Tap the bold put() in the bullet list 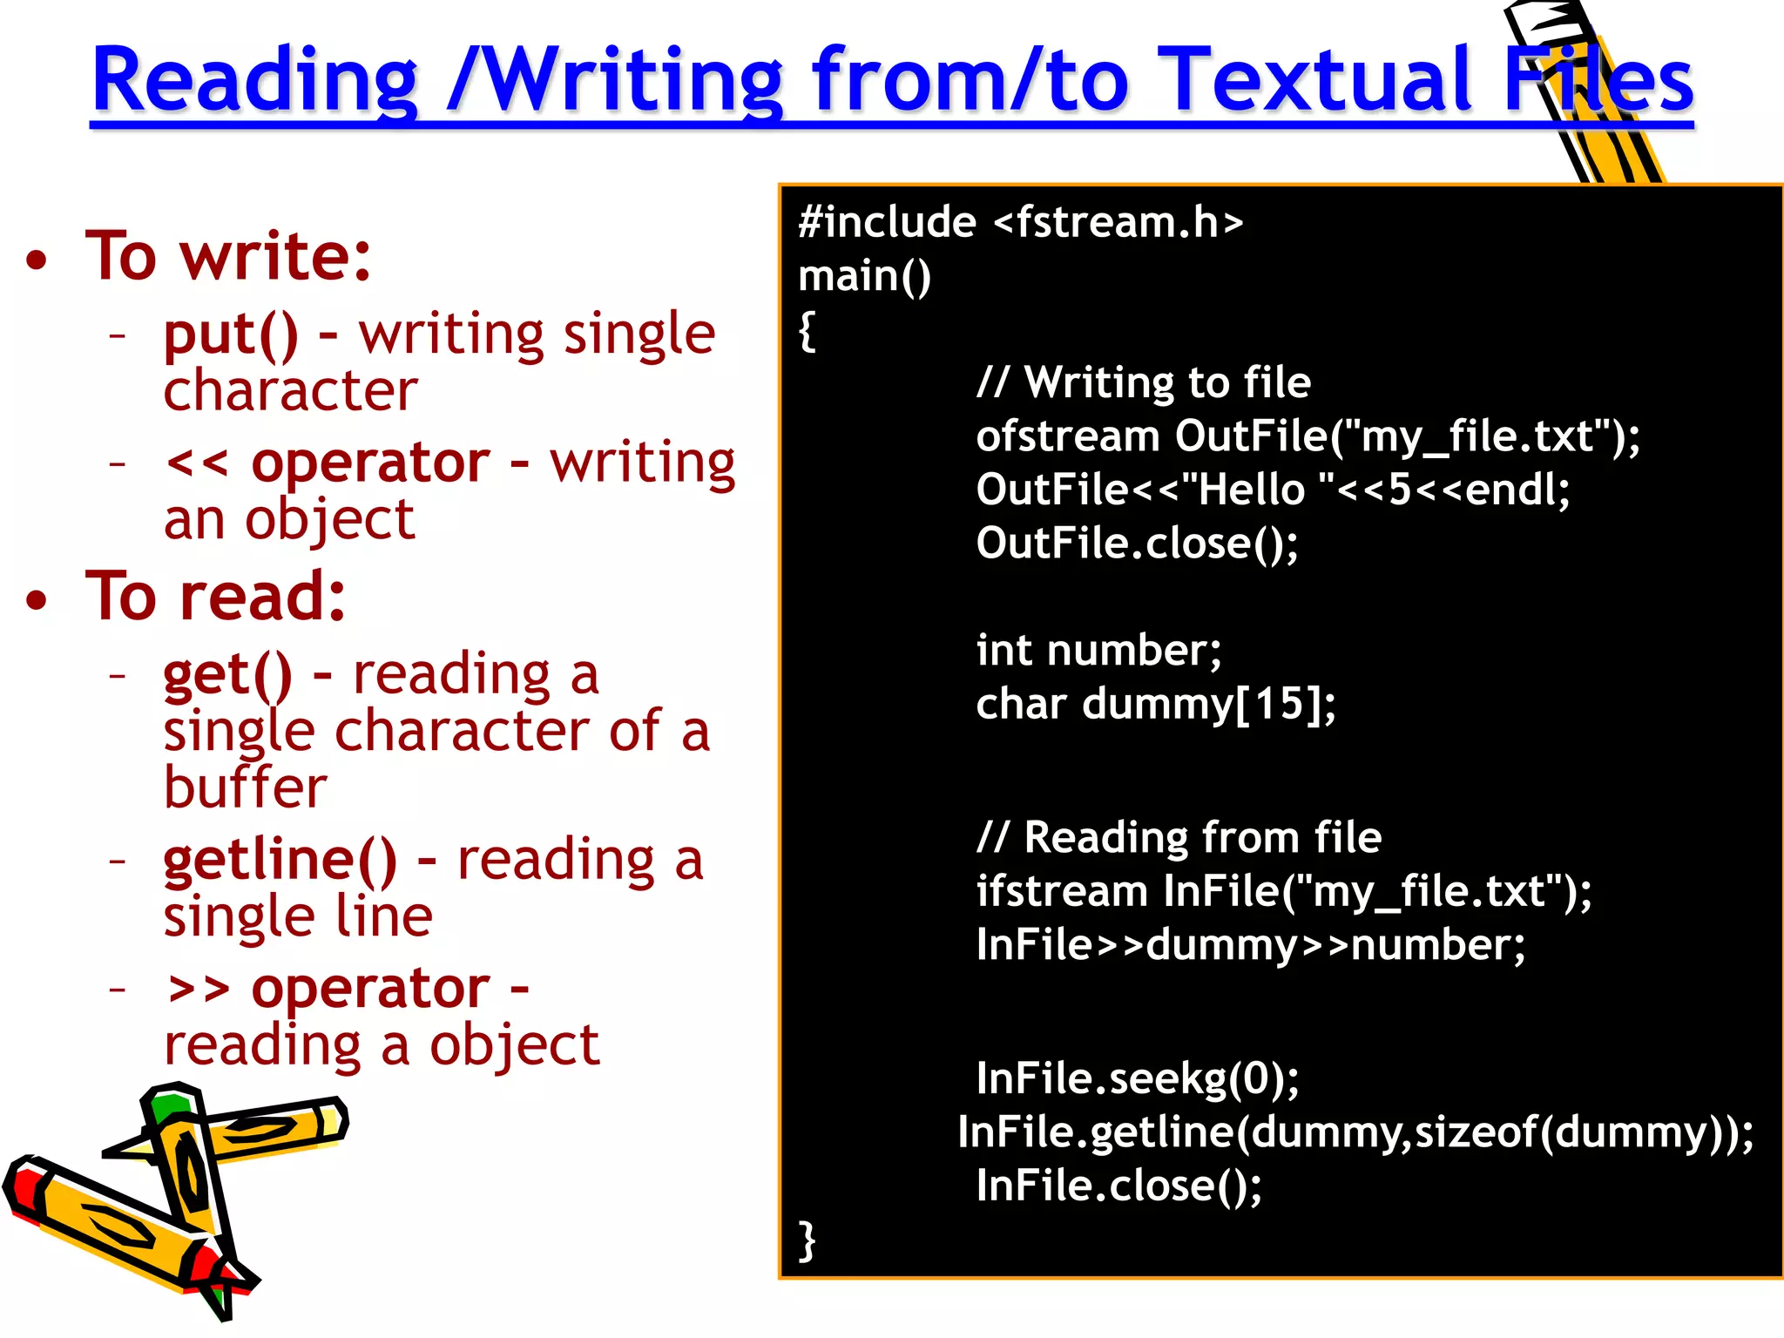pyautogui.click(x=230, y=334)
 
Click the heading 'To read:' pyautogui.click(x=216, y=597)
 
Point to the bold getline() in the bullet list pyautogui.click(x=280, y=861)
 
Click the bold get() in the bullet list pyautogui.click(x=227, y=675)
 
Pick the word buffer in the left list pyautogui.click(x=245, y=787)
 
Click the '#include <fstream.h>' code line pyautogui.click(x=1020, y=222)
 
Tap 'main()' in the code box pyautogui.click(x=864, y=276)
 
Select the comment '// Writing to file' pyautogui.click(x=1143, y=382)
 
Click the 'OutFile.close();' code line pyautogui.click(x=1137, y=544)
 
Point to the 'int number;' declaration pyautogui.click(x=1098, y=651)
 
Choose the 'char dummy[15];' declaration pyautogui.click(x=1155, y=704)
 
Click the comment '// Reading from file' pyautogui.click(x=1179, y=838)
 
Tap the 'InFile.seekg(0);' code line pyautogui.click(x=1137, y=1078)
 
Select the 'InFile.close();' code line pyautogui.click(x=1118, y=1186)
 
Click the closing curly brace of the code pyautogui.click(x=808, y=1240)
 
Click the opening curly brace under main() pyautogui.click(x=808, y=331)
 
